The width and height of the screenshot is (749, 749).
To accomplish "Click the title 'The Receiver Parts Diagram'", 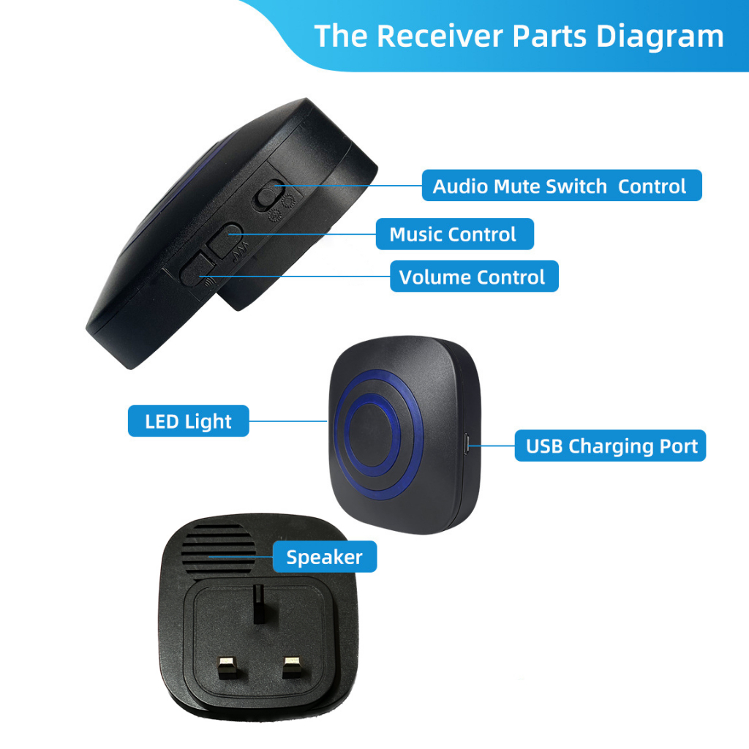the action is [x=519, y=36].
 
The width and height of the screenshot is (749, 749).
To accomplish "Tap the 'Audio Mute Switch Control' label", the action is [x=560, y=186].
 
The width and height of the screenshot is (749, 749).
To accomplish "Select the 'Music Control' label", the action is [x=453, y=234].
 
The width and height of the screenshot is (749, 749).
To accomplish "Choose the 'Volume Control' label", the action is [x=473, y=277].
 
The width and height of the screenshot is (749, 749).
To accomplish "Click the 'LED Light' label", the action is [x=188, y=421].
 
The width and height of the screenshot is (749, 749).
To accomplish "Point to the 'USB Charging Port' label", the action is [x=611, y=445].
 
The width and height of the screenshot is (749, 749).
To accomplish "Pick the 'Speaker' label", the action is [x=324, y=557].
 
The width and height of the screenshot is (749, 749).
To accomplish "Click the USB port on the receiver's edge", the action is [x=467, y=443].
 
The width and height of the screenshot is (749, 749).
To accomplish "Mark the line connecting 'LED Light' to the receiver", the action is [x=287, y=421].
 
